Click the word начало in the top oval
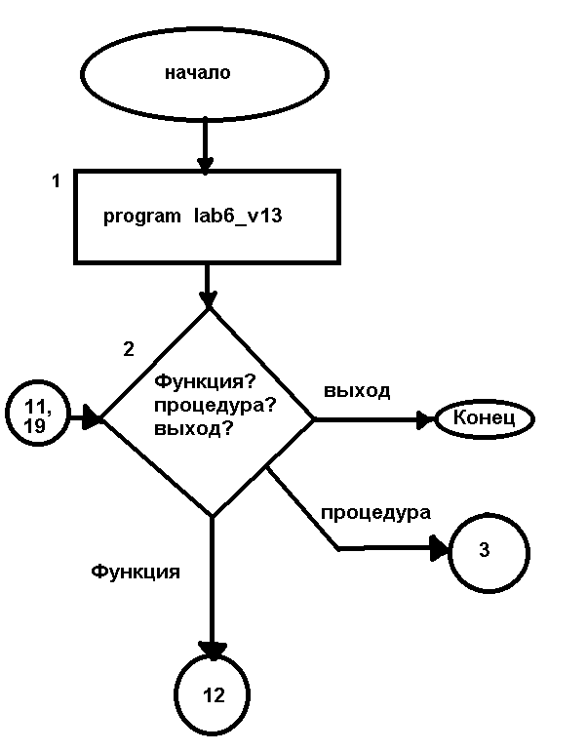198,73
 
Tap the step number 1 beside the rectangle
57,181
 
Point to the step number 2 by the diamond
129,348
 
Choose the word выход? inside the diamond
200,426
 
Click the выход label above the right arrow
357,391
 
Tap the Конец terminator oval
485,420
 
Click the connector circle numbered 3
488,550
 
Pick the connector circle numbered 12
214,694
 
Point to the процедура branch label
375,511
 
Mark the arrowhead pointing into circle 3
438,549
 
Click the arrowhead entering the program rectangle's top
205,163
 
